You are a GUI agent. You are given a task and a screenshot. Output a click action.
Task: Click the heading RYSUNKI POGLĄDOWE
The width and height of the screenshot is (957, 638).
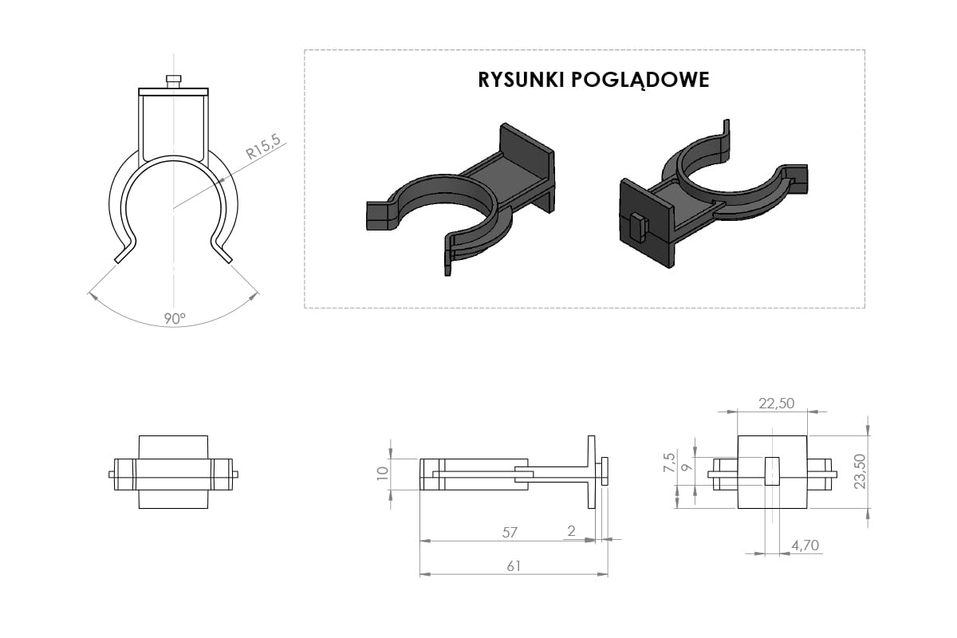[593, 81]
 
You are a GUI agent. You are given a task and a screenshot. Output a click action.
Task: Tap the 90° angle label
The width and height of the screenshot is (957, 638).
[175, 318]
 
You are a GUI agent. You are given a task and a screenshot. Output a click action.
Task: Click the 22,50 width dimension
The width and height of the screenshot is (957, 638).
[776, 404]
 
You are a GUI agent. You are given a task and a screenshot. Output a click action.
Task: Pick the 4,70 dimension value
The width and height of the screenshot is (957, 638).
[804, 545]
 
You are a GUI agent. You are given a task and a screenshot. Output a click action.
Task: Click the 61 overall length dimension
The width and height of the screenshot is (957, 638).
[514, 566]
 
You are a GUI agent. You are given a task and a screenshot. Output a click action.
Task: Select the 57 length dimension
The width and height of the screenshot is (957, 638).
[510, 532]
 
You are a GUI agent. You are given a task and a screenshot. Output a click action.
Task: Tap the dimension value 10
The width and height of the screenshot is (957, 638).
[382, 473]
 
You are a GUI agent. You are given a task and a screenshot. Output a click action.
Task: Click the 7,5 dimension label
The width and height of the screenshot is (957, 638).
[669, 463]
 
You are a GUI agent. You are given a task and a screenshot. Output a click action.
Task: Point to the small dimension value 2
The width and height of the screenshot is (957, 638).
[571, 531]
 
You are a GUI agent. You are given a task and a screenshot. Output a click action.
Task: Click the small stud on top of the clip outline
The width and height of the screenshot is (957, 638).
[173, 80]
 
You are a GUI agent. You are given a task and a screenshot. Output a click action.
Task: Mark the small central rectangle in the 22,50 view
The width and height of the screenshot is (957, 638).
[771, 471]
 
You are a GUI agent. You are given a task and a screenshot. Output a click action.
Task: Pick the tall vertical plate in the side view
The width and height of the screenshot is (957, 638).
[591, 472]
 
